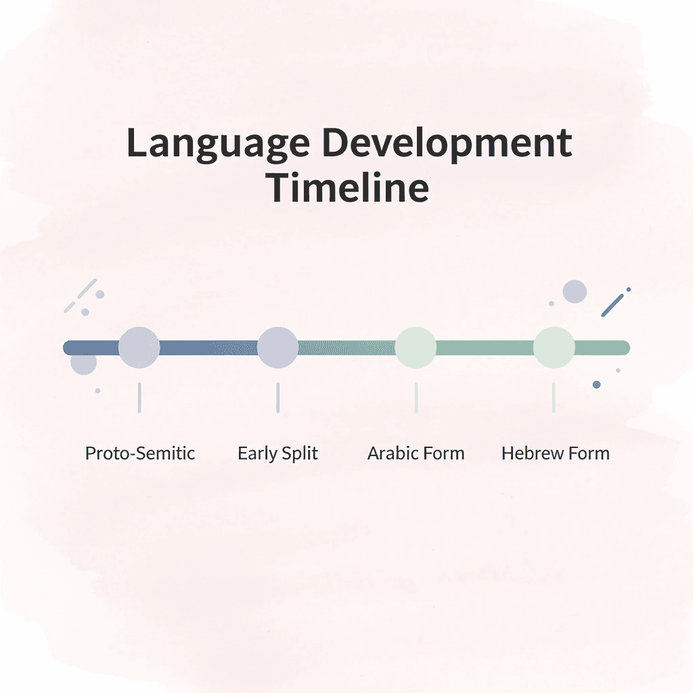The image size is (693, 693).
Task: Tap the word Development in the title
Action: (447, 143)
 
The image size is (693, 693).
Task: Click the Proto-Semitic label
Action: (140, 453)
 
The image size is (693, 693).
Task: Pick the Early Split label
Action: (277, 453)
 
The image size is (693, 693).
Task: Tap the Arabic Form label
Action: (416, 453)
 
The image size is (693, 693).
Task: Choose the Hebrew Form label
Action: (555, 453)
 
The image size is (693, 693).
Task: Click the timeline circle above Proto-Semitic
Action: (139, 347)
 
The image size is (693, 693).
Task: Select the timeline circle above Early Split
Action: (277, 347)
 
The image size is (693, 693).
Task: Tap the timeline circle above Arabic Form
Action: (416, 347)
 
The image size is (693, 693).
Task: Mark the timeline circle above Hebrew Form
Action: (554, 347)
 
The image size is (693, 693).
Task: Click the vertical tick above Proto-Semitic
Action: (139, 397)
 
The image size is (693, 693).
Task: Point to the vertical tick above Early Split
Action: (277, 397)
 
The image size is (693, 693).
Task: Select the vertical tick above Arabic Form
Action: (416, 397)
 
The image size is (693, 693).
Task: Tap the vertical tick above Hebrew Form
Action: (554, 397)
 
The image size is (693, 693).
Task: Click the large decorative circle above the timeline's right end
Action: (575, 292)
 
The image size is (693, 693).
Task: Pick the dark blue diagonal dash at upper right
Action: (612, 305)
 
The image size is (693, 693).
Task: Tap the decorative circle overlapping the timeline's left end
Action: (84, 363)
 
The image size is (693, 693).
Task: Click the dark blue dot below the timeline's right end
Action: (596, 384)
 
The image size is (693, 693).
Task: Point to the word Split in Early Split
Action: (300, 453)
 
